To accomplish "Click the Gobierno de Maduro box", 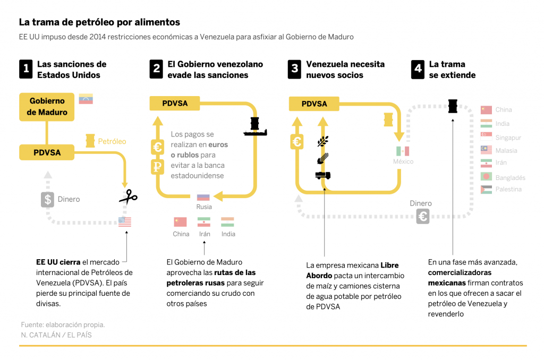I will point(47,106).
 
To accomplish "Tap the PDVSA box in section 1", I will point(47,152).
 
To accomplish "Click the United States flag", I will point(125,222).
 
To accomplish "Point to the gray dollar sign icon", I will point(48,200).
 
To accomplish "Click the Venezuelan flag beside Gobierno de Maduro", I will point(86,99).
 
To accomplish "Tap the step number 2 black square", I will point(156,69).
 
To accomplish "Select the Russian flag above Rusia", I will point(203,198).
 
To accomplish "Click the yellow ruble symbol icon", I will point(157,167).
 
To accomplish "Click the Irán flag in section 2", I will point(204,222).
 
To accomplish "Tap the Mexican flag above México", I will point(402,151).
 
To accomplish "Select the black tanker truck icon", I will point(323,175).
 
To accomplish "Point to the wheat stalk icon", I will point(323,141).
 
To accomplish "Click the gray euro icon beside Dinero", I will point(423,217).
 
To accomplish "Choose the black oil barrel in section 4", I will point(453,106).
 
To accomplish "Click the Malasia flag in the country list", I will point(486,150).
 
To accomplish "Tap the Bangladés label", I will point(510,177).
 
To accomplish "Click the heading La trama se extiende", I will point(452,70).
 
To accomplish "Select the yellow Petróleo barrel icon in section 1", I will point(90,141).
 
